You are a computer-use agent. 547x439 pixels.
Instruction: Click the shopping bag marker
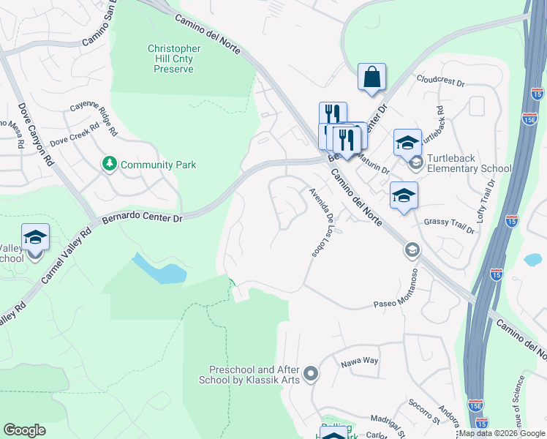tap(371, 77)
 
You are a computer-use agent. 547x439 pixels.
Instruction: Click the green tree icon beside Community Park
tap(110, 164)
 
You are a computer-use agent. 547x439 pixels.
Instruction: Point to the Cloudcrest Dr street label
tap(440, 79)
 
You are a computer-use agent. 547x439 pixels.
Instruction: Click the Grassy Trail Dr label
tap(450, 221)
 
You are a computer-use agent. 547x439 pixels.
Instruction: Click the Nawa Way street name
tap(359, 361)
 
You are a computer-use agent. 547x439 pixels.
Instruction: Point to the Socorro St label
tap(423, 412)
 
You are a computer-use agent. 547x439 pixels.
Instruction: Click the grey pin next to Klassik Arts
tap(310, 375)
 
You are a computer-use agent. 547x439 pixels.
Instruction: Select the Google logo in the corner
tap(24, 430)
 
